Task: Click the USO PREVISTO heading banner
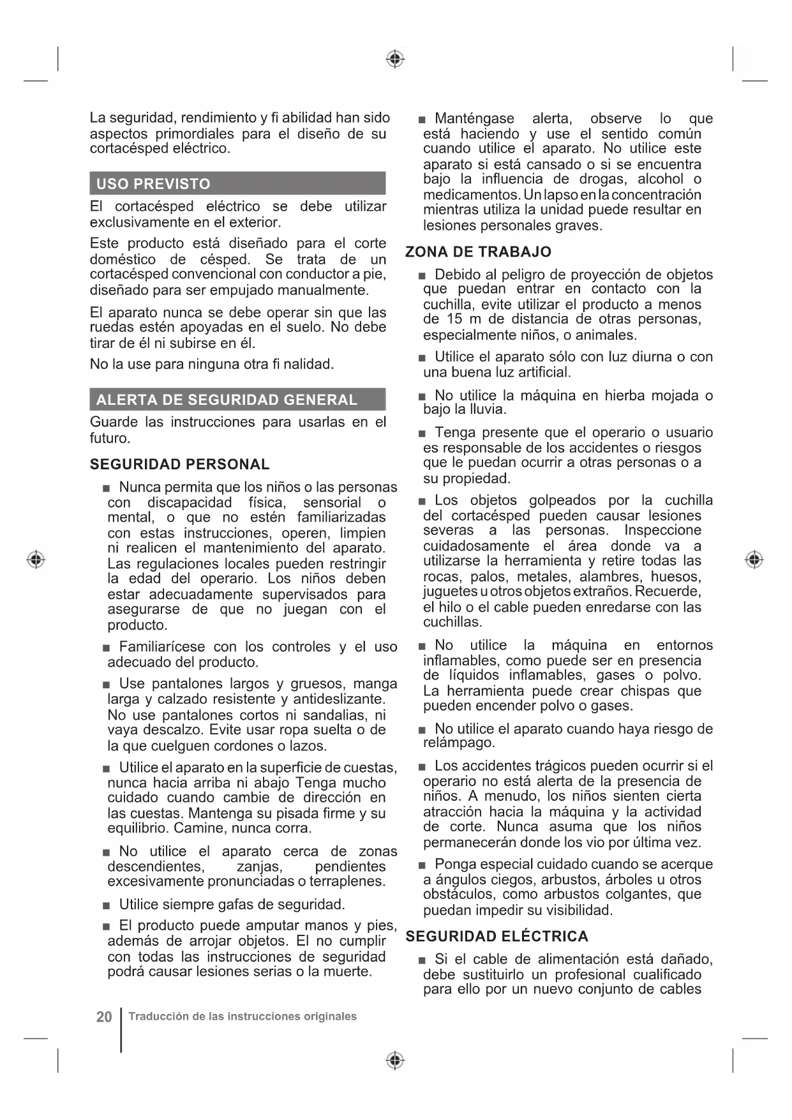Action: point(237,184)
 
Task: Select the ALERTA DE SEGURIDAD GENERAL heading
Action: point(237,400)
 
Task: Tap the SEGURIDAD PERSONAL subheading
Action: point(180,464)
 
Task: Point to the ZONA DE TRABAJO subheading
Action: point(478,252)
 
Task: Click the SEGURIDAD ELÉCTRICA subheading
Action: point(497,937)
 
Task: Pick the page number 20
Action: point(104,1017)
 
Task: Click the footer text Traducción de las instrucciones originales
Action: point(243,1017)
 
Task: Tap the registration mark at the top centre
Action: point(396,59)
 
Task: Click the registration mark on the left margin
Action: point(36,559)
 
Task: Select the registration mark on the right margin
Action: point(754,559)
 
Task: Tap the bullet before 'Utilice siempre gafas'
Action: point(107,905)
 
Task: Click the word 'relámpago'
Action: point(459,743)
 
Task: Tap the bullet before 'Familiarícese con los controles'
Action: point(107,648)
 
